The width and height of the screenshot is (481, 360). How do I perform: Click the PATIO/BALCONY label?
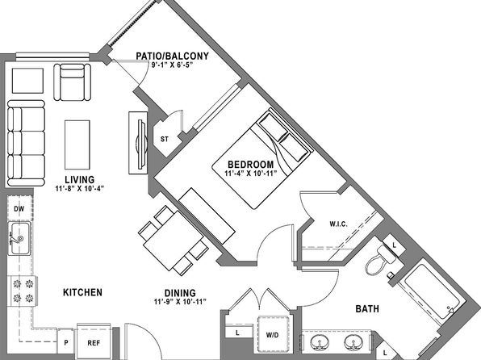[x=173, y=57]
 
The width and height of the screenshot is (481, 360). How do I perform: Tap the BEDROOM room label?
[x=251, y=165]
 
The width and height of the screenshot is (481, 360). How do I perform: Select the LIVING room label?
[x=79, y=179]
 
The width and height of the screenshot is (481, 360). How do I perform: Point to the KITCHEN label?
[x=82, y=292]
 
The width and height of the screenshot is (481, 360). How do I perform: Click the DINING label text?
[x=180, y=293]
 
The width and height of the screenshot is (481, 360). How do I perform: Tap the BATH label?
[x=367, y=309]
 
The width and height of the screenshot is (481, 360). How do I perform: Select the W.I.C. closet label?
[x=339, y=224]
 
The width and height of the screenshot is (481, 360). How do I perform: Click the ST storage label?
[x=165, y=140]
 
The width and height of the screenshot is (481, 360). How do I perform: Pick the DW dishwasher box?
[x=19, y=209]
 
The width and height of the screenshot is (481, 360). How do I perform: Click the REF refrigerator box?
[x=94, y=341]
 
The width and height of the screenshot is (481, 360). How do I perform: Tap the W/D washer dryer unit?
[x=273, y=334]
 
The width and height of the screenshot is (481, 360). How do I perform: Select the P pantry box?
[x=66, y=343]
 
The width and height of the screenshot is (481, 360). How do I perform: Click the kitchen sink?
[x=19, y=238]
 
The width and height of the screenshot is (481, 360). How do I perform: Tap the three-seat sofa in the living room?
[x=26, y=144]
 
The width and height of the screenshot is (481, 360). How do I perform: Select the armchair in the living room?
[x=73, y=82]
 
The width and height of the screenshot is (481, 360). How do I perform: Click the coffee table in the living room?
[x=77, y=144]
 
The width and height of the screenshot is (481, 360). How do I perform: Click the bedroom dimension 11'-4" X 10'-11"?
[x=251, y=174]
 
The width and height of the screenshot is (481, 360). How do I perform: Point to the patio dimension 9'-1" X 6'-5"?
[x=172, y=65]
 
